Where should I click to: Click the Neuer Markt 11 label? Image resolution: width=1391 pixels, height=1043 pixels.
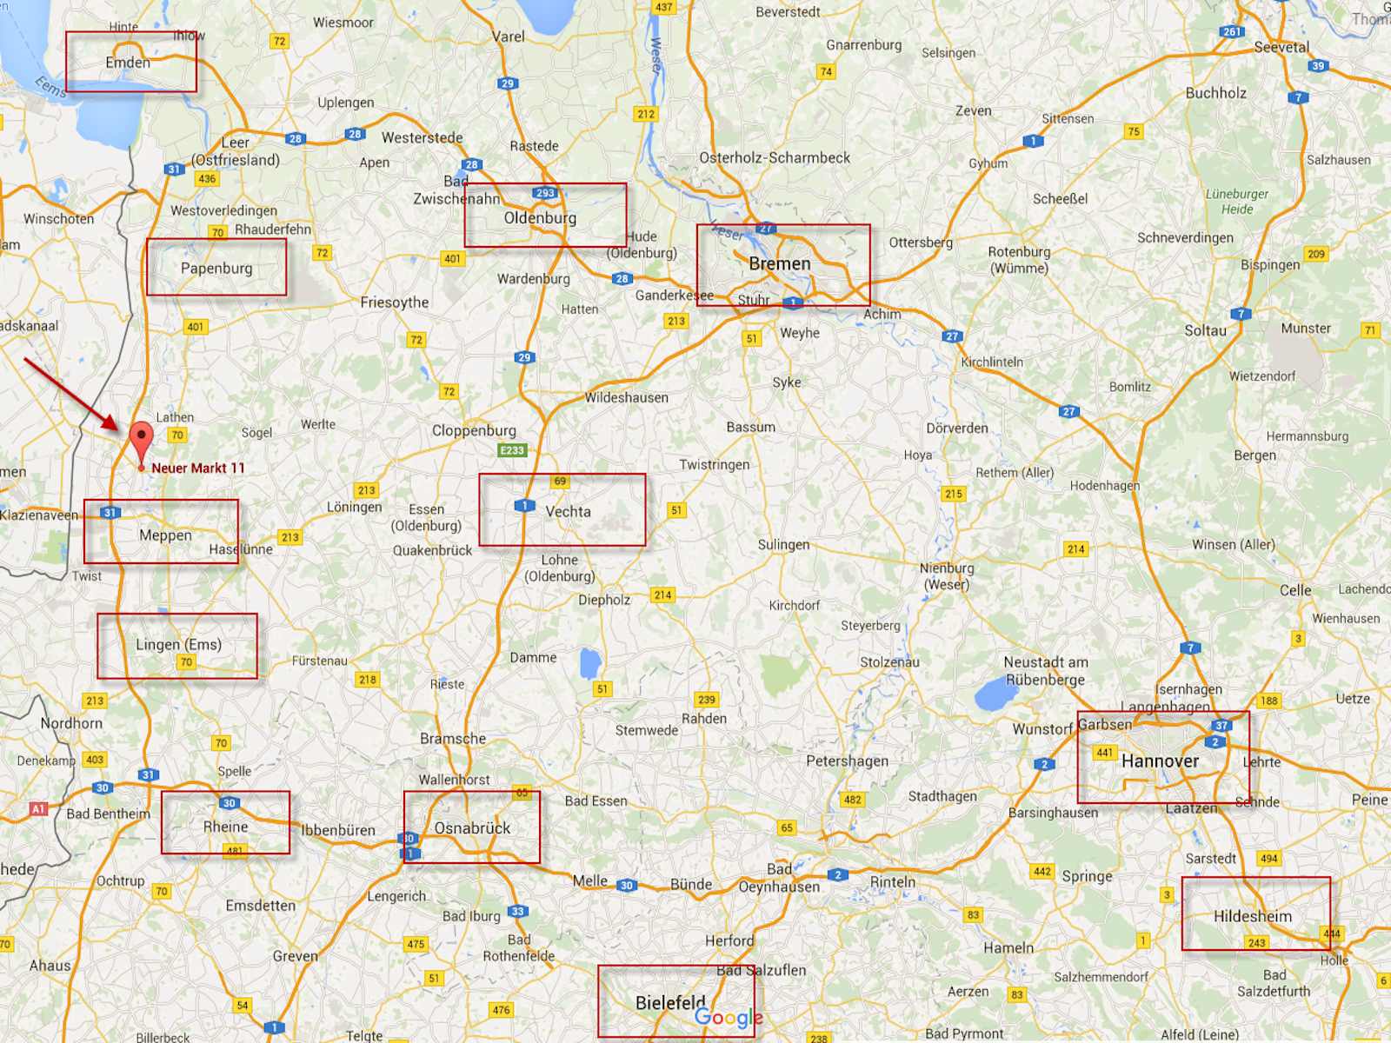tap(198, 468)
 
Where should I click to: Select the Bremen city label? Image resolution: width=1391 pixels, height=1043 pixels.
tap(780, 263)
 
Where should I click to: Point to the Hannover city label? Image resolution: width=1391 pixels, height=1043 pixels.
tap(1160, 761)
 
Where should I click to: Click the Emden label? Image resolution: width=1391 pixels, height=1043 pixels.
tap(128, 63)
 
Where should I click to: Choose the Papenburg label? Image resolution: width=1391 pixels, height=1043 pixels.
tap(216, 269)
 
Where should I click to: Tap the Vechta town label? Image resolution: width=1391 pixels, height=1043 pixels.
tap(568, 512)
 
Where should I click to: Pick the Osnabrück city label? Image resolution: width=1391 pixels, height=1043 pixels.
tap(472, 828)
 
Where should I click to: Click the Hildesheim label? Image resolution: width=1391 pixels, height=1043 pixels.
tap(1253, 916)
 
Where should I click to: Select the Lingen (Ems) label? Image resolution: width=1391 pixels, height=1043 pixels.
tap(178, 644)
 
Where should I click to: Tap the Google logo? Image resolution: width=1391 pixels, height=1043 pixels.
tap(729, 1017)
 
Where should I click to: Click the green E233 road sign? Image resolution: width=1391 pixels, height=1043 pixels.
tap(512, 450)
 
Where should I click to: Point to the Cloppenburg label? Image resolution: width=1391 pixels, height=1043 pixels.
tap(474, 430)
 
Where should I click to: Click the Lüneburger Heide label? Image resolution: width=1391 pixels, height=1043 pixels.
tap(1236, 202)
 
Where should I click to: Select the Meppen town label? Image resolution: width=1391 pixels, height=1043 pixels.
tap(165, 535)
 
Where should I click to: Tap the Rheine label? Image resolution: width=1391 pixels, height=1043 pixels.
tap(225, 827)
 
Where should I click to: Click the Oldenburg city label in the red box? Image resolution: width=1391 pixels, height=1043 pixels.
tap(540, 218)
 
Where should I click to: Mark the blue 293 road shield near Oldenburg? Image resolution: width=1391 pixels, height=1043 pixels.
tap(545, 193)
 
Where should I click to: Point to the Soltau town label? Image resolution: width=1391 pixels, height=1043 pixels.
tap(1205, 330)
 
